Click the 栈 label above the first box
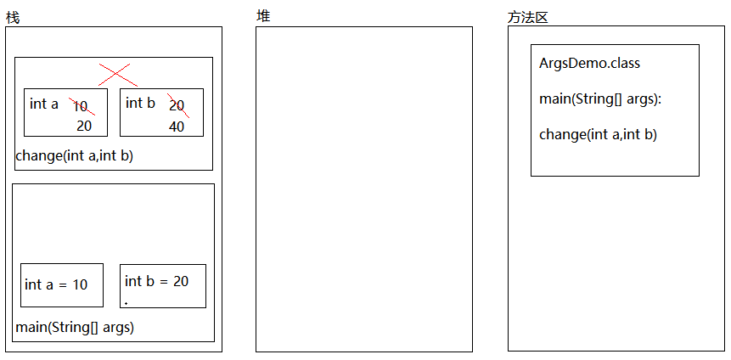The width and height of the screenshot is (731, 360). (12, 18)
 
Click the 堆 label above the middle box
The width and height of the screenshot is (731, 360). (263, 16)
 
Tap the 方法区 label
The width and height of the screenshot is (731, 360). (528, 18)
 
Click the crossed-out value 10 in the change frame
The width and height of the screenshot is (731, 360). (81, 106)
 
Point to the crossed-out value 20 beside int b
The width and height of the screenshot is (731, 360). (177, 105)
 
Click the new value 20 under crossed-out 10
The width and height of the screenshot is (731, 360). (84, 127)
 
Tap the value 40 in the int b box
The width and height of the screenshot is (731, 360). (177, 127)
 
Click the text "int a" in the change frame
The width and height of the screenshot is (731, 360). (44, 104)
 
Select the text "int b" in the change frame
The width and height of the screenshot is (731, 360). (140, 103)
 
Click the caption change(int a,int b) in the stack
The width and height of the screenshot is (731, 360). (74, 155)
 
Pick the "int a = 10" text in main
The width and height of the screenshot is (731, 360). (56, 284)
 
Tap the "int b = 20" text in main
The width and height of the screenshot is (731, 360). (156, 281)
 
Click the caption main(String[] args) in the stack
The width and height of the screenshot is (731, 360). (75, 327)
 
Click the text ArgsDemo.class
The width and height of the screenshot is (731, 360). (589, 64)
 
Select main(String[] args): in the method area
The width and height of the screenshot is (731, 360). (599, 99)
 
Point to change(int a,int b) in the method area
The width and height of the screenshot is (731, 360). (598, 134)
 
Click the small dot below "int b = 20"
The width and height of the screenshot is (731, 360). (126, 303)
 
